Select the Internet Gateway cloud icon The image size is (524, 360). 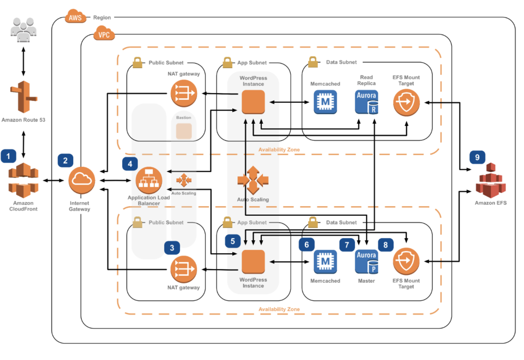click(81, 181)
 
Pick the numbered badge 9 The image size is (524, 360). click(477, 157)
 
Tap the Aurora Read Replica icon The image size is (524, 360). click(366, 101)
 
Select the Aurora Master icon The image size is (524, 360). click(366, 261)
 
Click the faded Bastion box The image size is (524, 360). click(184, 131)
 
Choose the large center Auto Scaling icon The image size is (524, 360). click(253, 180)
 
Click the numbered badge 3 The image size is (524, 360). click(172, 247)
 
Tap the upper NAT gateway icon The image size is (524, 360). click(184, 93)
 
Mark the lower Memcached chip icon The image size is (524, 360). click(325, 261)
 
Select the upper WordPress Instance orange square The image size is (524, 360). click(253, 101)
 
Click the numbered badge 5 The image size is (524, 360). click(233, 240)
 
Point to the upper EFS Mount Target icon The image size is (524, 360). click(406, 101)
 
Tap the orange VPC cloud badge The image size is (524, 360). click(103, 35)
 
